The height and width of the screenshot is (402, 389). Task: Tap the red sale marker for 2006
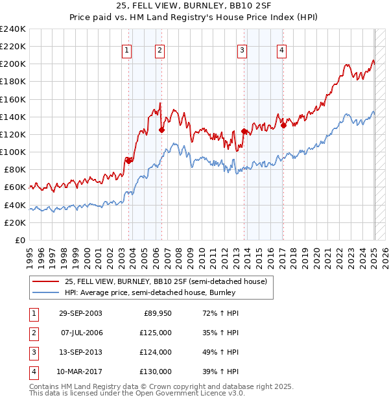[x=161, y=130]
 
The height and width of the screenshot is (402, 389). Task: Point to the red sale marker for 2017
[x=283, y=126]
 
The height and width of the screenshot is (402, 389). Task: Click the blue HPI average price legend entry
[x=156, y=292]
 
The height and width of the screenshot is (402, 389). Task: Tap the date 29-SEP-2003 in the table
[x=80, y=313]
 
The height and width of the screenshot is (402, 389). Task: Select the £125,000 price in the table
[x=156, y=333]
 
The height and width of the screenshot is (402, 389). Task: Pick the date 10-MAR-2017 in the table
[x=80, y=372]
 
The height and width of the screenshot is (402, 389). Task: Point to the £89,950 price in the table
[x=158, y=313]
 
